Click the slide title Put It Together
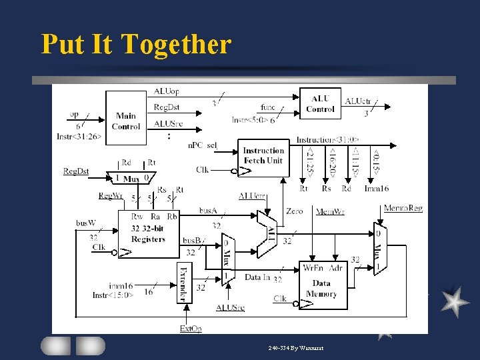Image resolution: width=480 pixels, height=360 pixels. point(136,45)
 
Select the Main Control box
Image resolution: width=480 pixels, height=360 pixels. point(126,121)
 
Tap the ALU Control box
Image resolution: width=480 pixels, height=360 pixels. point(320,104)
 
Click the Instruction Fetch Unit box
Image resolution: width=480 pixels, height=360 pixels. point(263,155)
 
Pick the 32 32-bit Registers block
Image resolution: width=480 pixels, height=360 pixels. point(148,234)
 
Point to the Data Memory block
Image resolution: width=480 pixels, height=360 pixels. point(323,285)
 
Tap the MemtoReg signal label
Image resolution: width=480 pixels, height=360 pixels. point(403,209)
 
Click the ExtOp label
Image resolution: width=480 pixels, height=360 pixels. point(191,328)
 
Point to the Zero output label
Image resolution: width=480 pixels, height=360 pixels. point(294,211)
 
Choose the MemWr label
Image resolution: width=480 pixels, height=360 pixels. point(330,211)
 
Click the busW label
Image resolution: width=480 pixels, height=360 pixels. point(86,223)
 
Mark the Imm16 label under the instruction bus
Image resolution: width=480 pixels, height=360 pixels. point(376,189)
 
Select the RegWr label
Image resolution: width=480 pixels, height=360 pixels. point(111,195)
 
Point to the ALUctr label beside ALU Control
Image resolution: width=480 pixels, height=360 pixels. point(358,101)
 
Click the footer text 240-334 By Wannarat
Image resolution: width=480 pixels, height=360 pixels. point(296,348)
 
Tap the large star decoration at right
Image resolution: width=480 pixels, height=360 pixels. point(455,301)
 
